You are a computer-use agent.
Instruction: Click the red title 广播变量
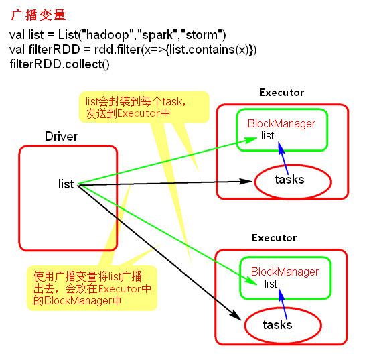click(38, 14)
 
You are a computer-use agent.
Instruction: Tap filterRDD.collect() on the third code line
click(60, 65)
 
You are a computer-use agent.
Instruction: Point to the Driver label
click(61, 137)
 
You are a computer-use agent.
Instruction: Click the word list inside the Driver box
click(66, 184)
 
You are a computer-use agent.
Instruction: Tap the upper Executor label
click(281, 93)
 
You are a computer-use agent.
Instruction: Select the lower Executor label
click(274, 238)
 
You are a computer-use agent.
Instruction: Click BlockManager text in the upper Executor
click(281, 124)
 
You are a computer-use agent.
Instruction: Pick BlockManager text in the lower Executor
click(284, 272)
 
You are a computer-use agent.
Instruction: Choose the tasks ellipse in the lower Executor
click(277, 325)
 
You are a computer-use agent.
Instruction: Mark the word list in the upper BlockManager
click(268, 136)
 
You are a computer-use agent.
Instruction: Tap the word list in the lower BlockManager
click(271, 284)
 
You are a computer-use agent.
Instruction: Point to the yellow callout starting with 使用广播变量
click(92, 288)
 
